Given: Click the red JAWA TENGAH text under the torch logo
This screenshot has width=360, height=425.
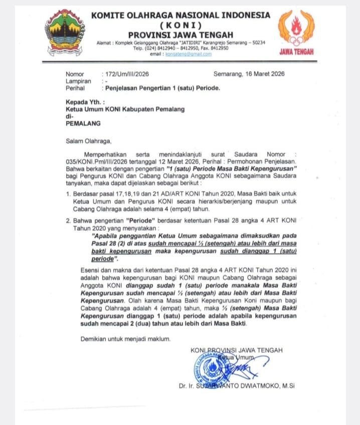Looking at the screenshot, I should tap(296, 51).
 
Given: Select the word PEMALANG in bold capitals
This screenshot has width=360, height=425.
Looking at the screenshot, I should tap(83, 122).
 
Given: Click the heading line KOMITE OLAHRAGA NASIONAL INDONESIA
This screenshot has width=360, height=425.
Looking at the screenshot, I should tap(180, 15).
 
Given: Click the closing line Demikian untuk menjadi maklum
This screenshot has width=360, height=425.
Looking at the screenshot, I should tap(125, 340).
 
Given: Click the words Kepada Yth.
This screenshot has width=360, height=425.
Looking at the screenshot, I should tap(82, 101).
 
